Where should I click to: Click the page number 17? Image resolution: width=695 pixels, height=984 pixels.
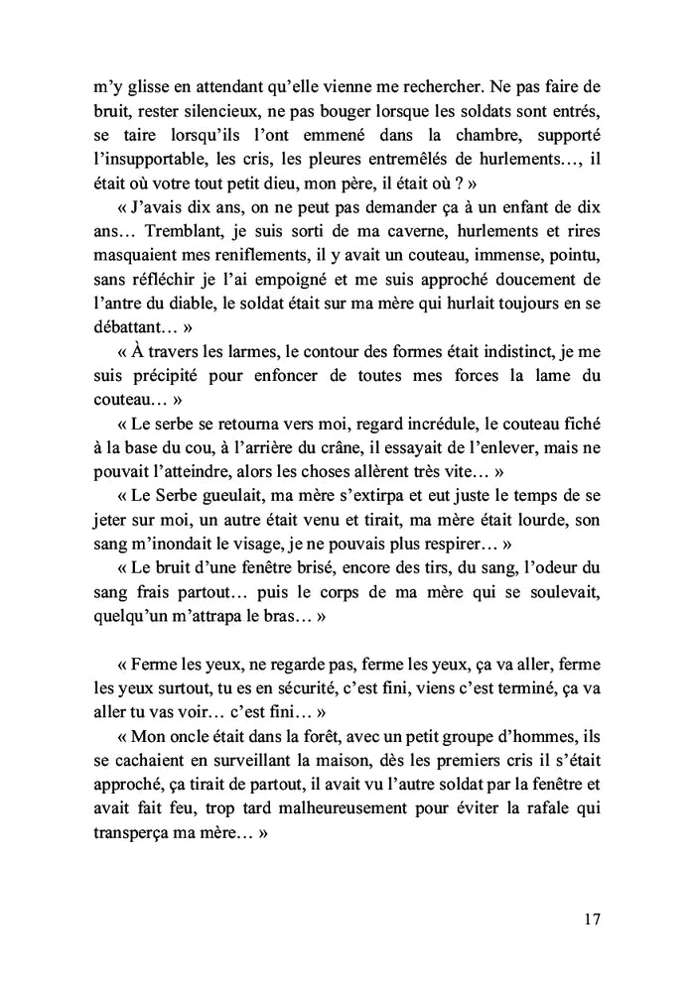coord(592,919)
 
